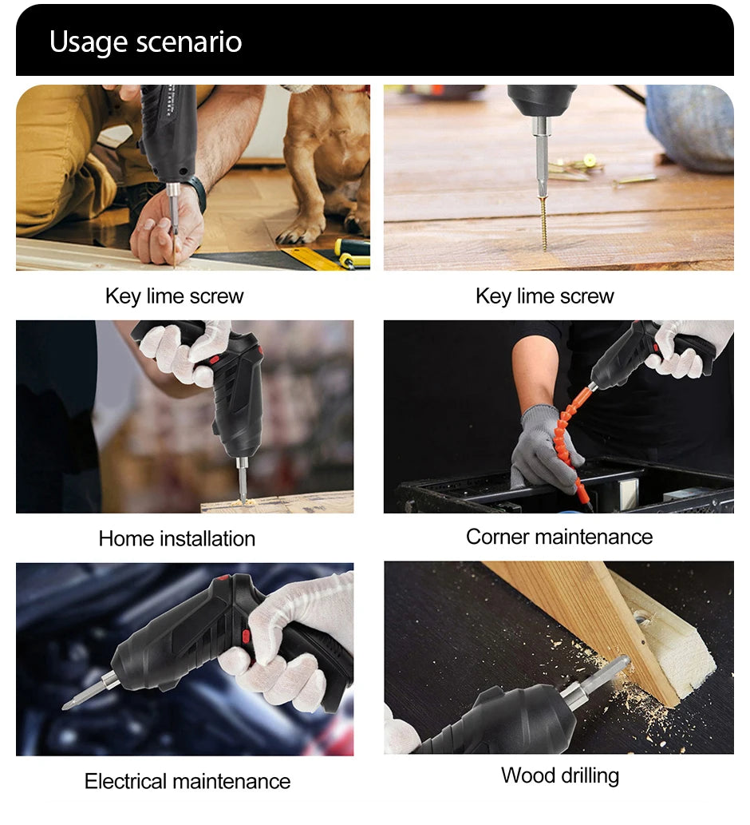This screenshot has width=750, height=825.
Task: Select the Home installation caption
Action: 176,538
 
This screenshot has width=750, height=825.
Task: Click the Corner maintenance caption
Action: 559,537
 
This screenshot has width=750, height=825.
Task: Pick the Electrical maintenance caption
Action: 187,781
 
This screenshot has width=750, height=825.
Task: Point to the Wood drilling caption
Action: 559,775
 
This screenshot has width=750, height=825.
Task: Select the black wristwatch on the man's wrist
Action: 195,192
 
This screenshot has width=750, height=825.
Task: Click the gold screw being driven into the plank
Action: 545,224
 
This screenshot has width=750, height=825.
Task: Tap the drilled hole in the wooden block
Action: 641,617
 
